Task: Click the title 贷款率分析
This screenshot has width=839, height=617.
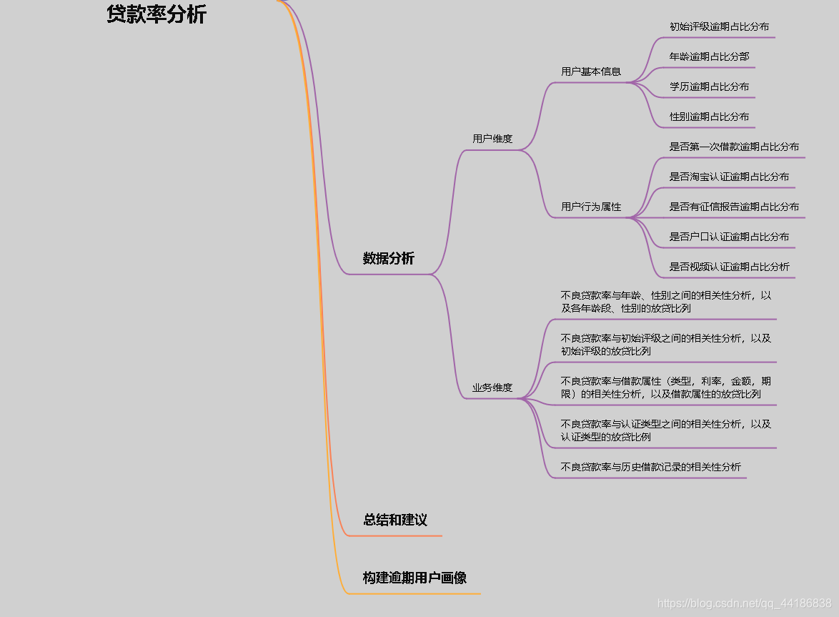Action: click(156, 15)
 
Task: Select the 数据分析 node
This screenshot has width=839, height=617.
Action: click(388, 259)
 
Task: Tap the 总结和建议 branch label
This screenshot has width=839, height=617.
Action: click(395, 520)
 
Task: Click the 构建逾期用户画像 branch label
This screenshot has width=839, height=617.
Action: click(414, 578)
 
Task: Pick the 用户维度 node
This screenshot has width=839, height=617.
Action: click(492, 139)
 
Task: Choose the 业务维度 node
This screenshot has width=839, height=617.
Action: click(492, 388)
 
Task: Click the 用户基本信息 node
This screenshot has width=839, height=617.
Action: click(591, 71)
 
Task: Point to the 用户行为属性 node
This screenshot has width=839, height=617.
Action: click(591, 207)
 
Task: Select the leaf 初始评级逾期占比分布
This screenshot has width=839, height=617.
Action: click(719, 26)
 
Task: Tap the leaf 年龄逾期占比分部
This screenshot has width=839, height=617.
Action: click(709, 56)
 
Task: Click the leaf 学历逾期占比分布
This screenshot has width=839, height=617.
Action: click(709, 87)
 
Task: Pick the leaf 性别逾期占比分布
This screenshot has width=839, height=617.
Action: click(709, 117)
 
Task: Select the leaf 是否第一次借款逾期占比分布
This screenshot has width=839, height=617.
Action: click(734, 147)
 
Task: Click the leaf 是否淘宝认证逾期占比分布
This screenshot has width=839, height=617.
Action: click(729, 177)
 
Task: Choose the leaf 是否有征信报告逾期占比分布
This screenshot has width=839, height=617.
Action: click(734, 207)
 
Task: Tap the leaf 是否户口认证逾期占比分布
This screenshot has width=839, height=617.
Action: click(729, 237)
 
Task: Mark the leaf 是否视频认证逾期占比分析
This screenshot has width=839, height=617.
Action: click(729, 267)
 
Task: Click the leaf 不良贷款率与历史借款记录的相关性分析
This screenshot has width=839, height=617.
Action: click(651, 467)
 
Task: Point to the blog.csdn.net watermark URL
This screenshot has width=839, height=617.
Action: click(744, 603)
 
